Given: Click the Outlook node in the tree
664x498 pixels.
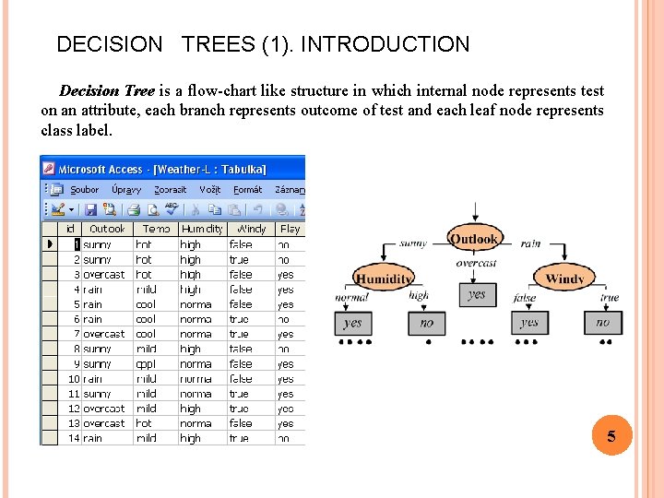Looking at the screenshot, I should pos(474,239).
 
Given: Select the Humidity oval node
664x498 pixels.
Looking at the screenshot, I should pos(384,279).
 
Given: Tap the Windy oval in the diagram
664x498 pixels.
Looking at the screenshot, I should pos(564,278).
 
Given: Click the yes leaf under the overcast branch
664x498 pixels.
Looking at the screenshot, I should pos(476,295).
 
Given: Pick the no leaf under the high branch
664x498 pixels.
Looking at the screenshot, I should pos(426,323).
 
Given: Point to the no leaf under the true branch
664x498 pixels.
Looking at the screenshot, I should pos(602,323).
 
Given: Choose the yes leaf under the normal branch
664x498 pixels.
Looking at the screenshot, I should pos(352,323).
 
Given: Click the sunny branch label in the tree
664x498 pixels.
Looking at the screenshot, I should pos(412,243).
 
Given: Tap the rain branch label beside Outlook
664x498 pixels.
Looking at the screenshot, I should pos(530,243).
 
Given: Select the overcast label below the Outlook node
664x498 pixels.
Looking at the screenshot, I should pos(476,263).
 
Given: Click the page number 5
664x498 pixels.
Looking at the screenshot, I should pos(611,436).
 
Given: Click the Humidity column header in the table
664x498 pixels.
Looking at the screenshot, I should pos(202,229).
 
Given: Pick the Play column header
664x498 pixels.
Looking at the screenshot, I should pos(290,229).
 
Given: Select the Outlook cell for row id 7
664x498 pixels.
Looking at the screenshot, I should pos(104,334).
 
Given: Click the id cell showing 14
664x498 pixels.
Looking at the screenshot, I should pos(74,438).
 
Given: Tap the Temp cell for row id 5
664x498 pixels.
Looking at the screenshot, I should pos(147,304).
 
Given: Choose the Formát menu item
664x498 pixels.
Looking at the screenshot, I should pos(247,189).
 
